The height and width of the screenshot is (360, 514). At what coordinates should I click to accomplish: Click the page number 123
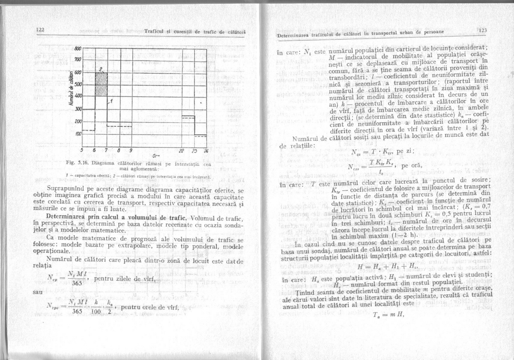coord(483,30)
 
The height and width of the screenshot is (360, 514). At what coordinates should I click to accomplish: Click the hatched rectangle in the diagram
coord(101,84)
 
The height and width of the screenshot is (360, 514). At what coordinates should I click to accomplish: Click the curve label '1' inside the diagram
coord(111,101)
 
